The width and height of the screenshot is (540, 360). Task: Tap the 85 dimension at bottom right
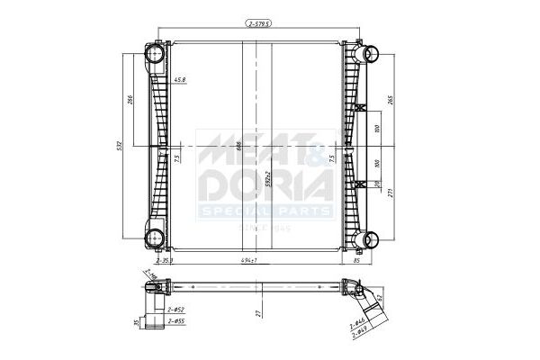tap(357, 260)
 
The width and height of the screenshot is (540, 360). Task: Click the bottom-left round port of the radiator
tap(155, 239)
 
